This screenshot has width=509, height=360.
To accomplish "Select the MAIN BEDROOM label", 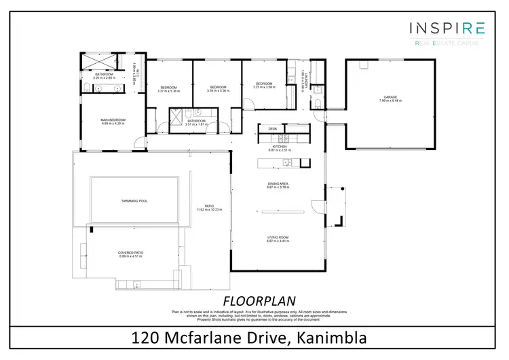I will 113,120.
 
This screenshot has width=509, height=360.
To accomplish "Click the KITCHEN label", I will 280,146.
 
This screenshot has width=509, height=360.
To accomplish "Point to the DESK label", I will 272,128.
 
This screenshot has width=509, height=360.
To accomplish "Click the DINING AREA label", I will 278,183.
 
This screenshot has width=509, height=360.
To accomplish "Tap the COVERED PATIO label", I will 131,252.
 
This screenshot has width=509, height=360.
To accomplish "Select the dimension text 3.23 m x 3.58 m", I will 263,88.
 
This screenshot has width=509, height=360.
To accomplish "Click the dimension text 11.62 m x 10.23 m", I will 210,210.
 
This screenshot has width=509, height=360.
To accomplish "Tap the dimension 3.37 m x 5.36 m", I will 168,91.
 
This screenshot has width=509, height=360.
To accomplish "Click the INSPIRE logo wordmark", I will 447,28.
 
